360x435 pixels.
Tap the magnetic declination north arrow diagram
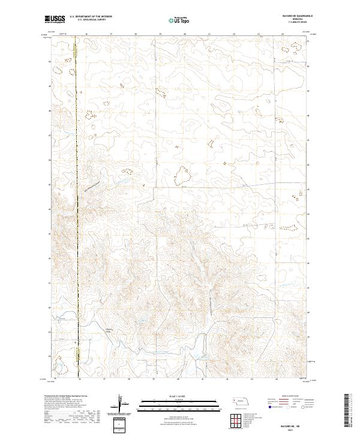(120, 404)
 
